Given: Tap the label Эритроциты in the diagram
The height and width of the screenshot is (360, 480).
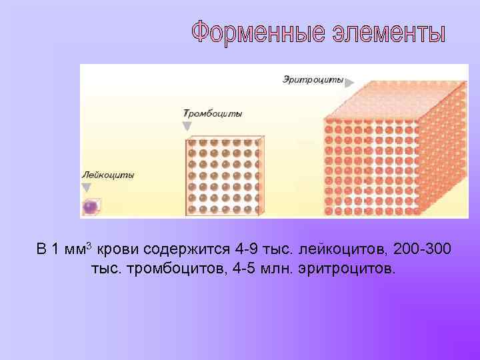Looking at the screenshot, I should pyautogui.click(x=312, y=81).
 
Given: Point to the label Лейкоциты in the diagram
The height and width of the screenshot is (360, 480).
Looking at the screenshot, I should pyautogui.click(x=108, y=175).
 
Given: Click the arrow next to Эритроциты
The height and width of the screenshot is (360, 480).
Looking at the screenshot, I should pyautogui.click(x=349, y=82).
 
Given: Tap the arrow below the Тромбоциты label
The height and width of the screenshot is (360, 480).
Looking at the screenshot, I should pyautogui.click(x=187, y=125).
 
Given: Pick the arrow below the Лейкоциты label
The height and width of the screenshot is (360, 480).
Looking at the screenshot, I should pyautogui.click(x=86, y=187).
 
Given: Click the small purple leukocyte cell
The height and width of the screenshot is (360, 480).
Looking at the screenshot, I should pyautogui.click(x=91, y=207).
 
